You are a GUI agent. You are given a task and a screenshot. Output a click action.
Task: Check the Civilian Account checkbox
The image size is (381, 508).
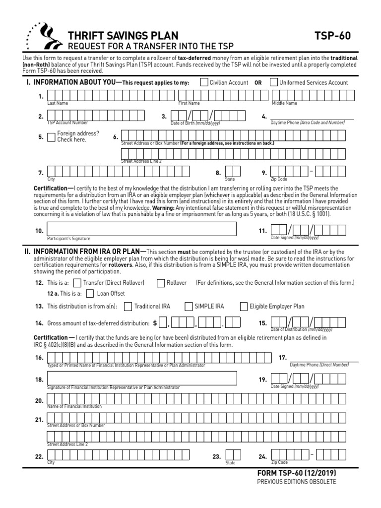204,82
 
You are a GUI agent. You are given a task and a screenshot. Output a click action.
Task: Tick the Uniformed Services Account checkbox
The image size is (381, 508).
274,82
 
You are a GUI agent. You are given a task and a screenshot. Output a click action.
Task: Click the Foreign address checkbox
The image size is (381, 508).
51,137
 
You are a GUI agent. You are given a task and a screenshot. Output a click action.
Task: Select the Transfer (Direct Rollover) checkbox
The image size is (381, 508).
77,283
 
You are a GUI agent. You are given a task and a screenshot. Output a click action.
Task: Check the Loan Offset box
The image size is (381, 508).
90,293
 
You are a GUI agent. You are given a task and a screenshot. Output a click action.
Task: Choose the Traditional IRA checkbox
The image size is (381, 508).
128,307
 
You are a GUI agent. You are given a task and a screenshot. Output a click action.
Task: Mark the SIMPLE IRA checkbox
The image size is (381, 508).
189,307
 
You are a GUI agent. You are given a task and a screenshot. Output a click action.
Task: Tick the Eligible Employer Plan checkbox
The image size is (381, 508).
244,307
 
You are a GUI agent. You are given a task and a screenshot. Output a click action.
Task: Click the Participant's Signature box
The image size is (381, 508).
141,229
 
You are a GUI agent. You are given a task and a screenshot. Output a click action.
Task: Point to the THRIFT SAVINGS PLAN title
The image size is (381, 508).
122,36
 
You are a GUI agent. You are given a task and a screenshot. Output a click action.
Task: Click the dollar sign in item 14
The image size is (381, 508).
155,323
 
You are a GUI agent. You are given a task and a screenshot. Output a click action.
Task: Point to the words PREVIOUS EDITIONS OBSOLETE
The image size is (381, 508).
296,482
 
